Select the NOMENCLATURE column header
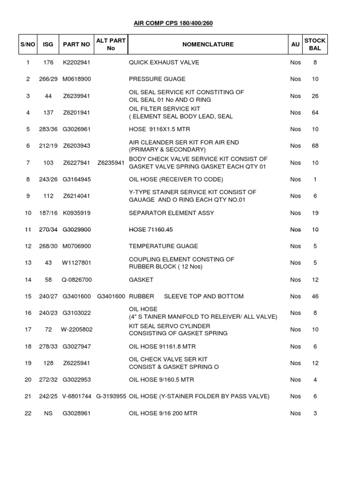208,45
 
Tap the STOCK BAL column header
315,45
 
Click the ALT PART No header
111,45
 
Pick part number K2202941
76,62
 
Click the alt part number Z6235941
111,163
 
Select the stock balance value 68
315,146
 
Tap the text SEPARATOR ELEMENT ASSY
171,213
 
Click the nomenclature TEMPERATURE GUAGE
163,246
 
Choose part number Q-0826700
77,280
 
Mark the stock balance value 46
315,296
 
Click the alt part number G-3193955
111,396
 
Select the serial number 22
28,413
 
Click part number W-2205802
77,330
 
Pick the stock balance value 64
315,112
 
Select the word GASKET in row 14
141,280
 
